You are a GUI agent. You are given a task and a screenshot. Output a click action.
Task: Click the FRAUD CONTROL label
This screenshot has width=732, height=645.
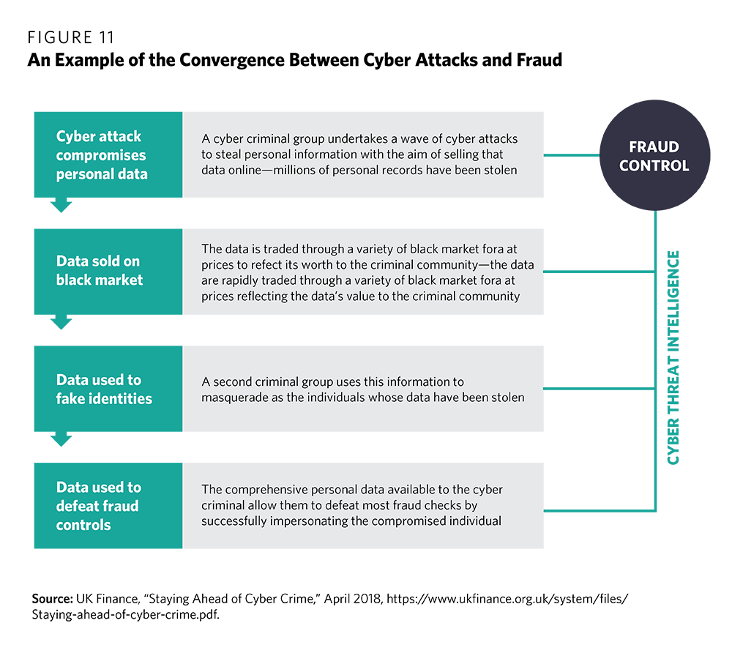pos(654,156)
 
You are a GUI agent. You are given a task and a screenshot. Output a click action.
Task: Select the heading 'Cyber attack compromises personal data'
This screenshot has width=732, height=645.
pos(101,155)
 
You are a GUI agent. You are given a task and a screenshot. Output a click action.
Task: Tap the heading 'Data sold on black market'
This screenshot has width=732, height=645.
pos(100,270)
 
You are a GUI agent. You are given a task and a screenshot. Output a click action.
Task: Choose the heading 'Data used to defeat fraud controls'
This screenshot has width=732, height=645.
pos(99,506)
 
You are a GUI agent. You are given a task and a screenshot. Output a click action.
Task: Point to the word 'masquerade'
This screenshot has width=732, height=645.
pos(237,398)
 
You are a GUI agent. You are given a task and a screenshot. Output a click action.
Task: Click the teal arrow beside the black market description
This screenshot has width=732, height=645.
pos(564,270)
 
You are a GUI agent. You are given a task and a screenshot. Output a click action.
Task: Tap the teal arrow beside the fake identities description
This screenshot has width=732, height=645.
pos(564,389)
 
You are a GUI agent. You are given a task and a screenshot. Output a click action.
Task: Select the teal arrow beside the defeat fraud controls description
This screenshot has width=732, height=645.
pos(564,506)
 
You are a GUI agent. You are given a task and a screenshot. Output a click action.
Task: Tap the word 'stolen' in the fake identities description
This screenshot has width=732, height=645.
pos(507,398)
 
